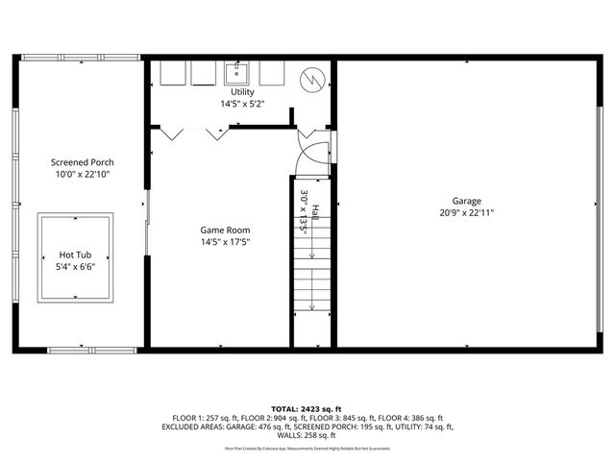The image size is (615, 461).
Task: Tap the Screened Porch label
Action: (x=81, y=163)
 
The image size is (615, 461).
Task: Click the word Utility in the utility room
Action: (x=241, y=92)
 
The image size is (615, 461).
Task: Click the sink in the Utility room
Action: (x=236, y=72)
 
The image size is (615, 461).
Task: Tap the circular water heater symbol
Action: (x=311, y=79)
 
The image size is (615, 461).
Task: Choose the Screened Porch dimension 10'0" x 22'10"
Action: (x=81, y=175)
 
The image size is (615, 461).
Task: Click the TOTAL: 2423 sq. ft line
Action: (x=307, y=409)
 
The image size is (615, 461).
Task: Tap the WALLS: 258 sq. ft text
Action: (x=307, y=435)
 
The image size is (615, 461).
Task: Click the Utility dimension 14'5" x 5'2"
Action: (x=241, y=103)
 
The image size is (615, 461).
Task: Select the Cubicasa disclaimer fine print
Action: (x=307, y=448)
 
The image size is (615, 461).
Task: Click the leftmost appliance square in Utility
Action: (x=172, y=73)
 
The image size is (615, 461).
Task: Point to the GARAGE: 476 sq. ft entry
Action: (x=273, y=426)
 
